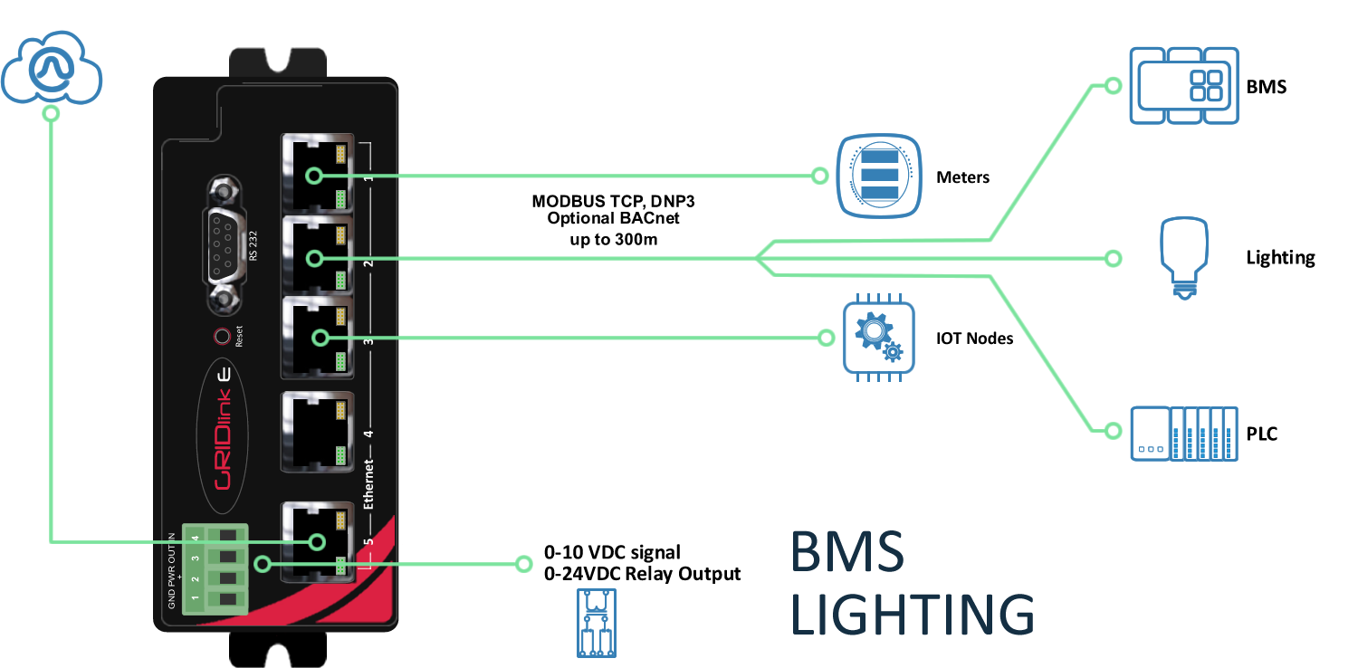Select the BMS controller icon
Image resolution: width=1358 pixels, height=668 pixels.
pos(1184,86)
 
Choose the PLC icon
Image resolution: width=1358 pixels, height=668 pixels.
pos(1184,434)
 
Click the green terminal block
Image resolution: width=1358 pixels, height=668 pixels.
pos(215,568)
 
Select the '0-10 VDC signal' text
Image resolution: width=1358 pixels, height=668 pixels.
pos(612,552)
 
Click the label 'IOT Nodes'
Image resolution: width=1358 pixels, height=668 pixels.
pos(974,339)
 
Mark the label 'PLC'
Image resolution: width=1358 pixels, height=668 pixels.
pos(1261,434)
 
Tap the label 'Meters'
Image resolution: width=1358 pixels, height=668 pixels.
pos(962,177)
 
